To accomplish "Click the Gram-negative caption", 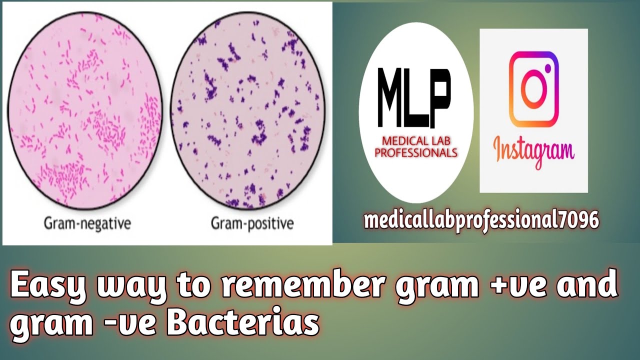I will point(87,223).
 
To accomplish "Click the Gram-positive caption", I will point(252,223).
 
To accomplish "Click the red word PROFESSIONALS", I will point(416,153).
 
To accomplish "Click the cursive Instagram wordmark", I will point(533,150).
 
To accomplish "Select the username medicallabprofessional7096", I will point(481,220).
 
